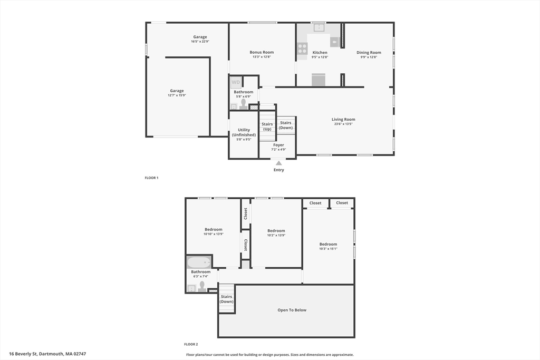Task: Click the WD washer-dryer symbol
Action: point(236,82)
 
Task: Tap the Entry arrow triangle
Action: point(278,163)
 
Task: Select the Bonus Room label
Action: point(262,52)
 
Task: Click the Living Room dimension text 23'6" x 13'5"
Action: point(343,124)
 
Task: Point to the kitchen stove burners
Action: point(302,48)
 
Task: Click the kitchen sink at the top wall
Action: point(319,27)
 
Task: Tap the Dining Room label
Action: point(369,53)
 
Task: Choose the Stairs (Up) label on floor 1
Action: point(267,127)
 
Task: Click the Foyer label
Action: point(278,145)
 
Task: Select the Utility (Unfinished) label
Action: point(244,132)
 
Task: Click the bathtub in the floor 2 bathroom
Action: point(199,262)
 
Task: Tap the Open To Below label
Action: point(292,310)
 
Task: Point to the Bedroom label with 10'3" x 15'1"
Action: point(328,244)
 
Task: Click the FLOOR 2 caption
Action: point(191,344)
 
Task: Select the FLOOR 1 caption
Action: point(151,178)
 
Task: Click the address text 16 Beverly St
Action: point(23,354)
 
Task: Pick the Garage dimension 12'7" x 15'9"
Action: point(177,95)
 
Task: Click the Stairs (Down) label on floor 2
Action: point(227,299)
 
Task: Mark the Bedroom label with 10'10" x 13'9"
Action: point(214,229)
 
